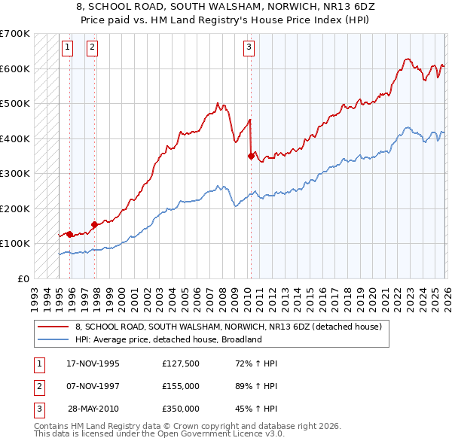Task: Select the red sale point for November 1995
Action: tap(70, 234)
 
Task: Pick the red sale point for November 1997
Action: tap(95, 224)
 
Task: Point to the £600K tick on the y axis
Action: tap(15, 69)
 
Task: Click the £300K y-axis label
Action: tap(15, 174)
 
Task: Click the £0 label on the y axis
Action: tap(23, 278)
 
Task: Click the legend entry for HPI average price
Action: tap(167, 339)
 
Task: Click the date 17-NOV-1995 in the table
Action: tap(93, 363)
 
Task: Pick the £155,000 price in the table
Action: tap(180, 386)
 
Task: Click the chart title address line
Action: tap(227, 8)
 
